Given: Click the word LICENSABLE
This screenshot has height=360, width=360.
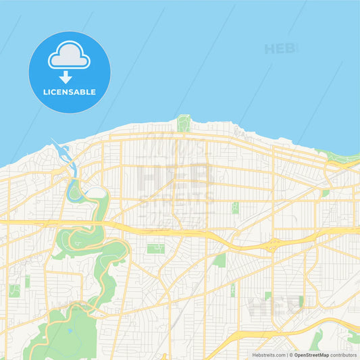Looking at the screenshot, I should [x=70, y=92].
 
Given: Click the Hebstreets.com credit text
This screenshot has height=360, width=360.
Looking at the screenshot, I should [x=269, y=355].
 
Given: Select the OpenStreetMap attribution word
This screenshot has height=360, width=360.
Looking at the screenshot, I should [x=311, y=355].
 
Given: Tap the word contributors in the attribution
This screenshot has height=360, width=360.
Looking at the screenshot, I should [x=343, y=355].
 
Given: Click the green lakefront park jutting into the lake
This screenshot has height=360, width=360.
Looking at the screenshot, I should [x=183, y=124].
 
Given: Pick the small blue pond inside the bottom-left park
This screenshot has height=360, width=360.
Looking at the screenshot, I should [x=68, y=332].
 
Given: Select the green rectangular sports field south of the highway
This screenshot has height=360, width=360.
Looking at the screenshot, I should [x=156, y=249].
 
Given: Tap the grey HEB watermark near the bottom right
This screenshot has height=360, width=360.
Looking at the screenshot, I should [x=274, y=307].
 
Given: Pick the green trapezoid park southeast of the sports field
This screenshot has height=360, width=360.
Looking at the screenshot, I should [x=220, y=260].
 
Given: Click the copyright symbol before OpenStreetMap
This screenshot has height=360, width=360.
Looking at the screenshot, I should [x=291, y=355].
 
